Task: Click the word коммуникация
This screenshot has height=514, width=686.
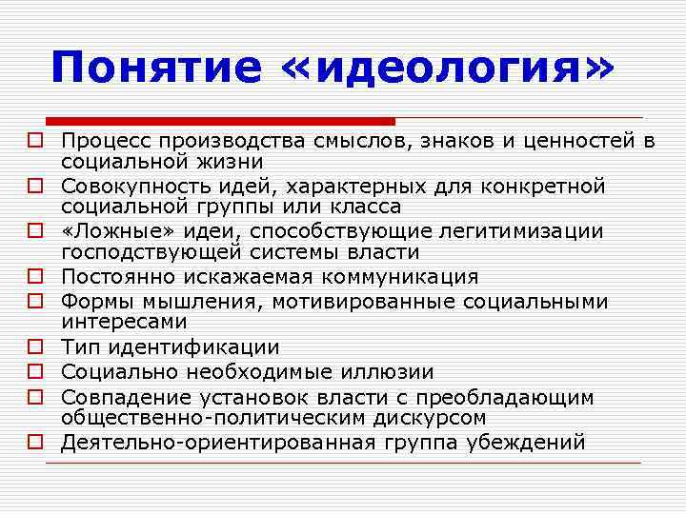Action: click(396, 277)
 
